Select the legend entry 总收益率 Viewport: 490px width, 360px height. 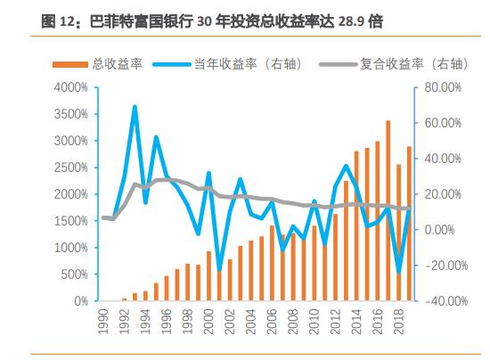point(108,64)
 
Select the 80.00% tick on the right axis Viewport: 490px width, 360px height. point(442,87)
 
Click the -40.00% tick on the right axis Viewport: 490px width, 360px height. point(440,301)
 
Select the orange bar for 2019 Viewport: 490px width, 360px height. point(409,224)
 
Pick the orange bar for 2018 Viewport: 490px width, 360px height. point(398,233)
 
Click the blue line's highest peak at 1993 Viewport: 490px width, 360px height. point(135,107)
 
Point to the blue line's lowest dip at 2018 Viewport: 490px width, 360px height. point(398,274)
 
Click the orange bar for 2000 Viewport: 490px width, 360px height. point(208,276)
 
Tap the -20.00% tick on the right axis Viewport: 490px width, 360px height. point(442,266)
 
